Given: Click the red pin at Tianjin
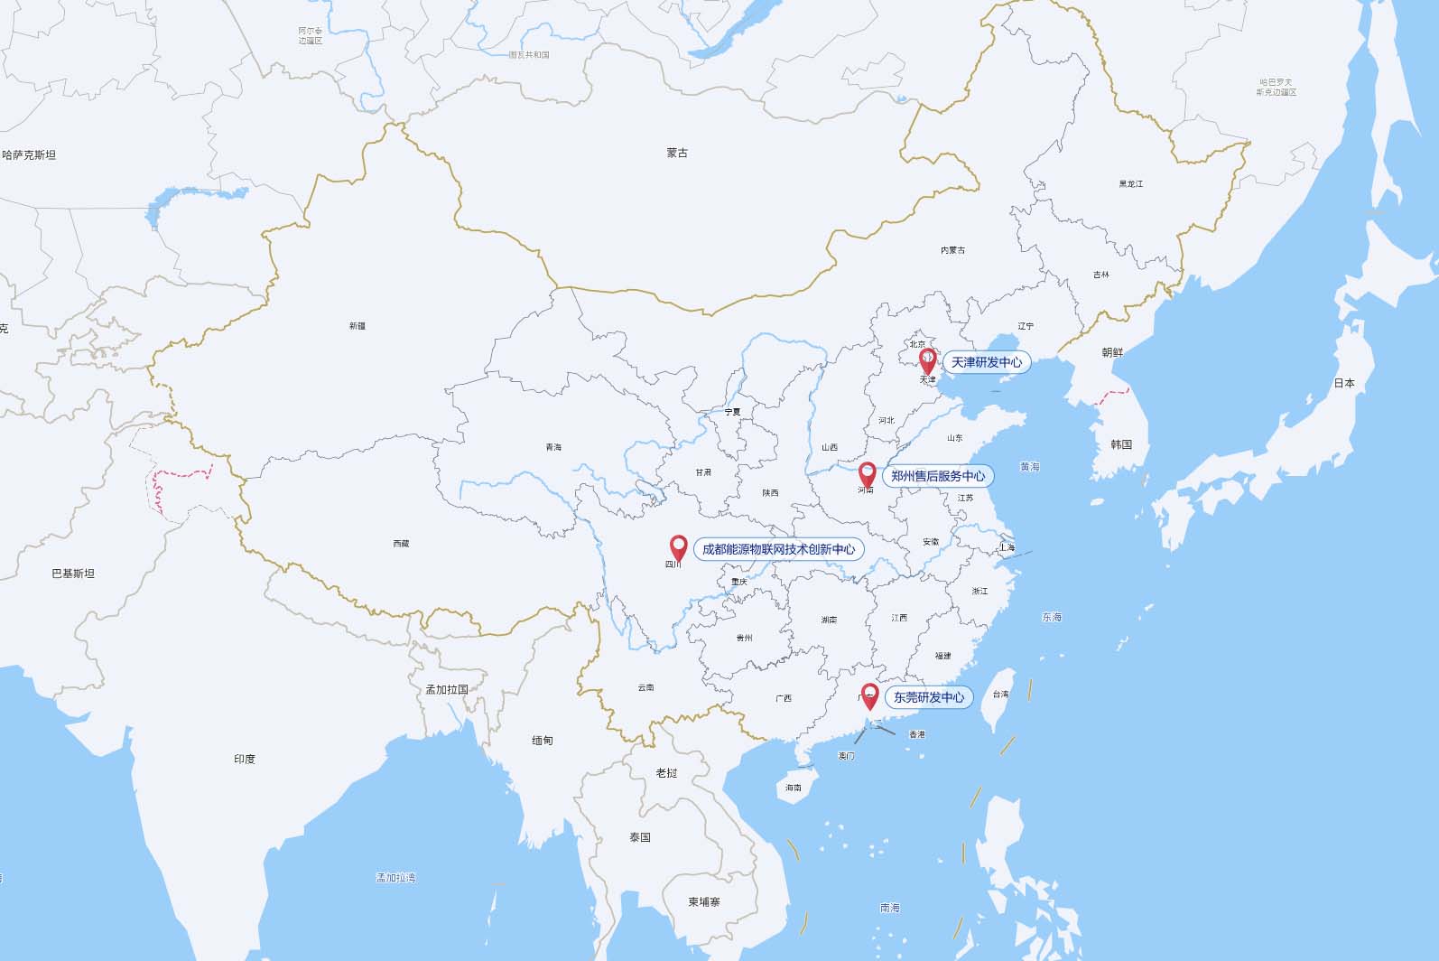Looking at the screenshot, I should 927,360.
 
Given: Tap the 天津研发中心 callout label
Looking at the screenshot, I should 986,362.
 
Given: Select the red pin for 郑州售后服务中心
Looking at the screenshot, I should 867,473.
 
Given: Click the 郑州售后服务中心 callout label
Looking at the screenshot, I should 938,476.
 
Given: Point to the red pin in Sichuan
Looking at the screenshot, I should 678,546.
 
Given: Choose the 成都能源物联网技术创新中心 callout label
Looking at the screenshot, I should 778,549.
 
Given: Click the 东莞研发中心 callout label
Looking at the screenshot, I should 929,697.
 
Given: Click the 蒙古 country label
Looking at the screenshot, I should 677,154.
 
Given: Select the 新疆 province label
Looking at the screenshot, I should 357,326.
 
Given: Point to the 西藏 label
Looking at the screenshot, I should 401,544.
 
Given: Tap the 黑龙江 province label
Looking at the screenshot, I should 1130,184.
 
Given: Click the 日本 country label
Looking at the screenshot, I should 1344,383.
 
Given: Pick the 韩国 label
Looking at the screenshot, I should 1121,444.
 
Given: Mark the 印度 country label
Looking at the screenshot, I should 245,759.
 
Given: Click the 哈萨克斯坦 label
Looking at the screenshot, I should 29,155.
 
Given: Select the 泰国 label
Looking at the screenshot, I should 640,837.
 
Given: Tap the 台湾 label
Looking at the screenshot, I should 1000,695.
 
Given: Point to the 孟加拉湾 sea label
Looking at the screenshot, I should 395,877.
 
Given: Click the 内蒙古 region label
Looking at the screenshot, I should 952,250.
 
